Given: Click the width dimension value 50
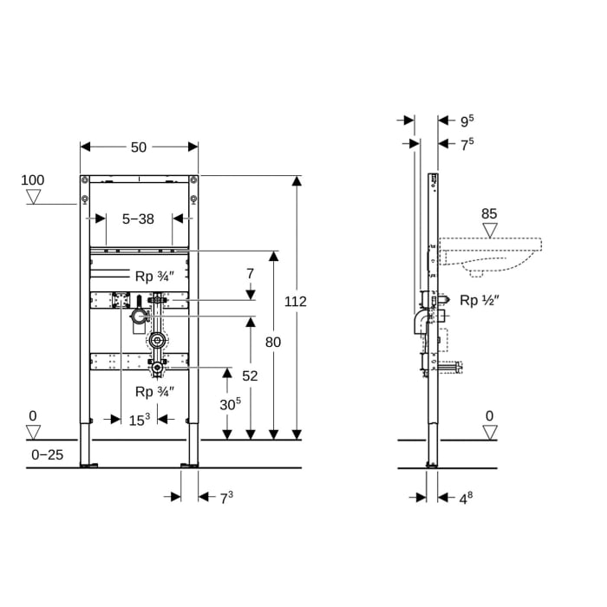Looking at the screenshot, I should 139,148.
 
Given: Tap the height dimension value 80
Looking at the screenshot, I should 273,342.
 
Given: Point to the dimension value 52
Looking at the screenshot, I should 250,375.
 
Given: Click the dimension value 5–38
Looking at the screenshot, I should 138,219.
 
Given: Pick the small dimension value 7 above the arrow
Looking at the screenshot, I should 250,273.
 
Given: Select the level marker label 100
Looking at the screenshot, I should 32,180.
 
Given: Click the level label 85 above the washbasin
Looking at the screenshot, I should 489,212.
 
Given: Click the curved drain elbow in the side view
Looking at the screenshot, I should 414,324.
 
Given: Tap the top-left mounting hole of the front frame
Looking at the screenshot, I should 84,180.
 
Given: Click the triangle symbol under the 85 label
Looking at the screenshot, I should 490,230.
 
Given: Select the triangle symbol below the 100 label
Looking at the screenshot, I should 33,197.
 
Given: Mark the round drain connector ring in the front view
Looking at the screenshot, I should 157,340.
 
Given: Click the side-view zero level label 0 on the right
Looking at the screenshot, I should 490,415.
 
